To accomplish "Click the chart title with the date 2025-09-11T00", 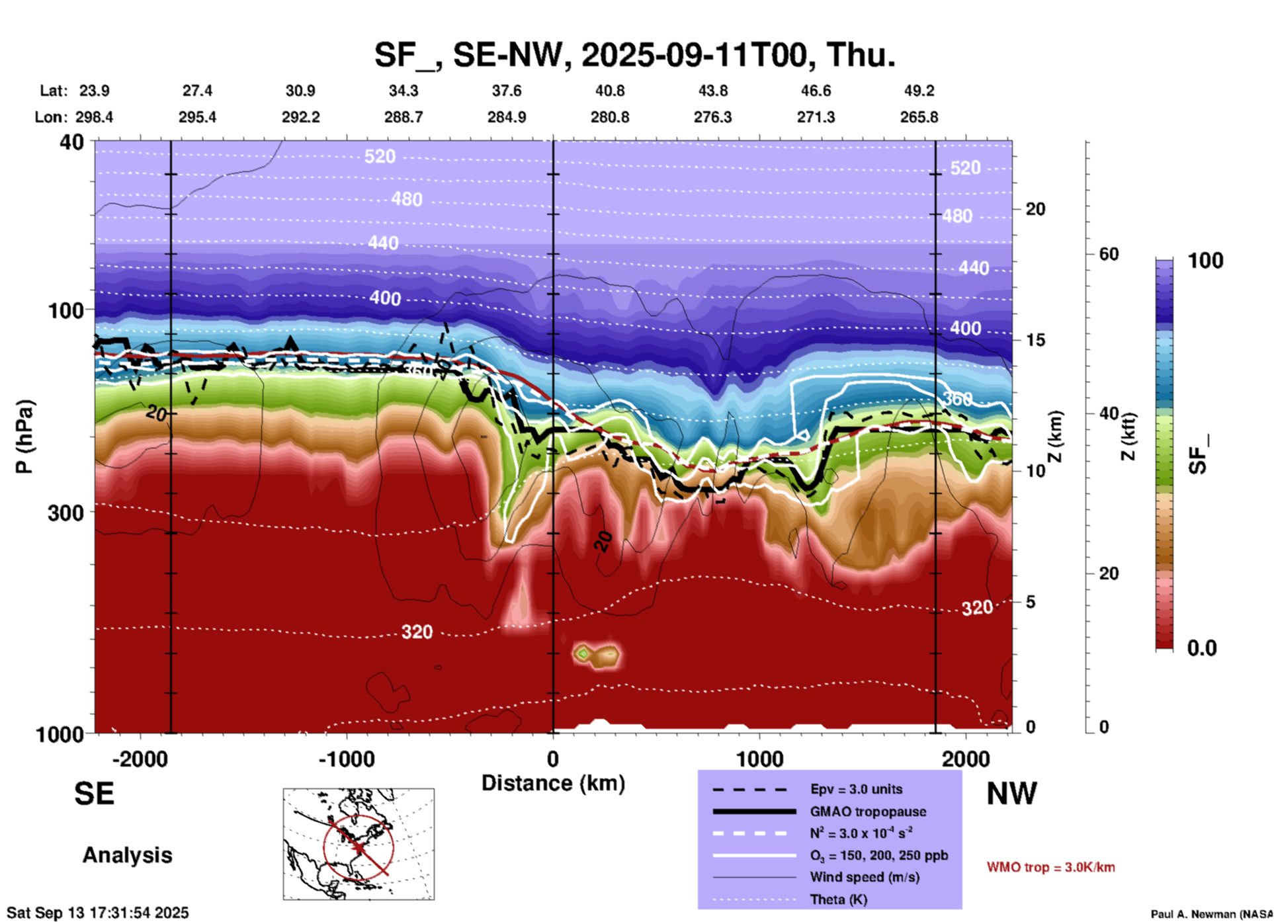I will tap(635, 55).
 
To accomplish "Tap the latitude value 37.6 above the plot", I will tap(507, 91).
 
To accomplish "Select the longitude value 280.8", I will tap(609, 117).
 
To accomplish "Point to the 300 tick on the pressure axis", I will tap(66, 512).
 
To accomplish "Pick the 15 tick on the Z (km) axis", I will tap(1035, 340).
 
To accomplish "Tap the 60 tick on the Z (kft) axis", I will tap(1109, 254).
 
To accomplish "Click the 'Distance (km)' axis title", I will tap(553, 783).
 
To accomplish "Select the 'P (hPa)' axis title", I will tap(24, 437).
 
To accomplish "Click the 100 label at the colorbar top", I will tap(1205, 261).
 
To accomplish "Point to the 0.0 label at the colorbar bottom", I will tap(1202, 648).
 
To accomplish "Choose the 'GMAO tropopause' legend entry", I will tap(868, 812).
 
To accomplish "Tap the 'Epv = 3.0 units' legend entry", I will tap(856, 789).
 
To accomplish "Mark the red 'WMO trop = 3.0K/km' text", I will tap(1050, 867).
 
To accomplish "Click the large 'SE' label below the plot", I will tap(94, 794).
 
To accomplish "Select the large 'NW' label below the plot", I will tap(1011, 794).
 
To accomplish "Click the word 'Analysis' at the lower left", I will tap(127, 855).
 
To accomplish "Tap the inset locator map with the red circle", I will tap(359, 844).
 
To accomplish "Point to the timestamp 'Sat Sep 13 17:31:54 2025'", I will tap(98, 913).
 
